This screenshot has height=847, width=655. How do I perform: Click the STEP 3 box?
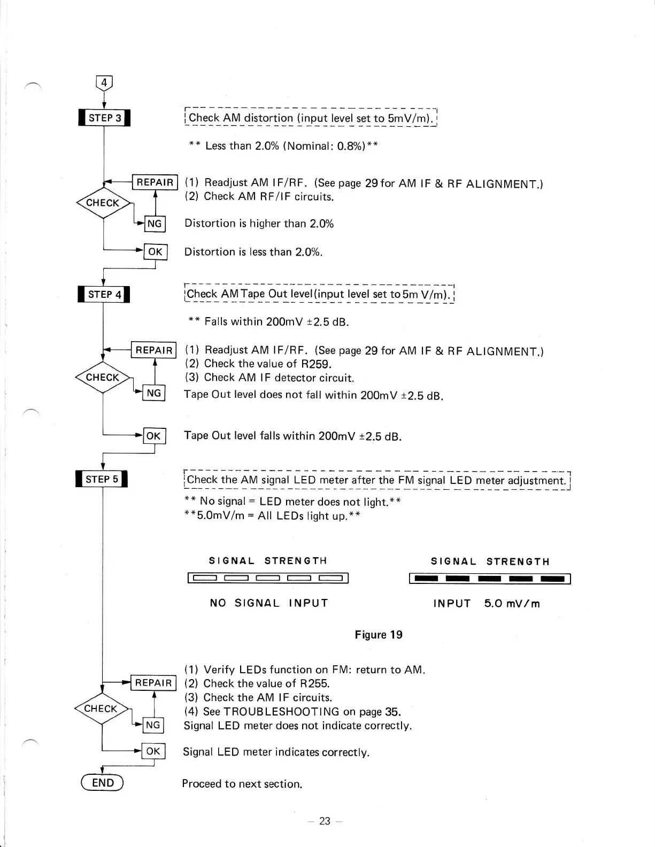tap(104, 118)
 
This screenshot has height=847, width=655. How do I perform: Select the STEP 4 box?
tap(104, 295)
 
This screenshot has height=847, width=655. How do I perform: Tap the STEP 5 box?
tap(102, 479)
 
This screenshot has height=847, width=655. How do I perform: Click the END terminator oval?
tap(102, 783)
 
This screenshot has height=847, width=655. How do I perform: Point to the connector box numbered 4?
tap(104, 83)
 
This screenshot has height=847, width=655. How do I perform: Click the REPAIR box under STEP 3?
tap(155, 182)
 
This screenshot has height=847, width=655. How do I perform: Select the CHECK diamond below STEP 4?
tap(103, 378)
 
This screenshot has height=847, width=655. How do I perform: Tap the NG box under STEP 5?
tap(153, 725)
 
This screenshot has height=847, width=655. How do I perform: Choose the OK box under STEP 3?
tap(155, 252)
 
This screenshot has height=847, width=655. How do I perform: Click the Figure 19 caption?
tap(379, 635)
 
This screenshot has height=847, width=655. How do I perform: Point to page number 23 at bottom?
tap(325, 821)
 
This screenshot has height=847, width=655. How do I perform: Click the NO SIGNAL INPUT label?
tap(269, 603)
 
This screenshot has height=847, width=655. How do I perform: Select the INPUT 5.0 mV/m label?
tap(487, 604)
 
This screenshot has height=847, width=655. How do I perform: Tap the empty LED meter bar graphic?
tap(268, 577)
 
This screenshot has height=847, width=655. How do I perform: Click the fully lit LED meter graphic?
tap(490, 579)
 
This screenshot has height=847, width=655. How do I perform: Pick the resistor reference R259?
tap(317, 364)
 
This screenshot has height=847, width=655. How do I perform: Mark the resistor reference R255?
tap(315, 683)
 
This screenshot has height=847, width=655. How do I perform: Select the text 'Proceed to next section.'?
tap(242, 784)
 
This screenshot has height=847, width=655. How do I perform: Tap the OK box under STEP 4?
tap(153, 436)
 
